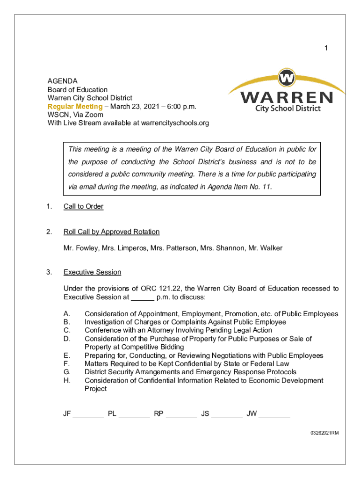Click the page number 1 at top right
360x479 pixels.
pyautogui.click(x=327, y=48)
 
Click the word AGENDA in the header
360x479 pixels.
pyautogui.click(x=62, y=81)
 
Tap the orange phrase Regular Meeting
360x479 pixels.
pyautogui.click(x=75, y=106)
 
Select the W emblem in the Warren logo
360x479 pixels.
pyautogui.click(x=286, y=77)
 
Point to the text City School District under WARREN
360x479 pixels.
pyautogui.click(x=288, y=109)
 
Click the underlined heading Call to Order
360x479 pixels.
pyautogui.click(x=83, y=206)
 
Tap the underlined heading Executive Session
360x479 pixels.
pyautogui.click(x=92, y=272)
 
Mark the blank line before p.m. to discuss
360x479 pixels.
pyautogui.click(x=143, y=298)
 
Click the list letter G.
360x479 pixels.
pyautogui.click(x=67, y=372)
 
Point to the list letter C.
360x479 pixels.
pyautogui.click(x=67, y=330)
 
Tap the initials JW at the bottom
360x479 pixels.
pyautogui.click(x=252, y=414)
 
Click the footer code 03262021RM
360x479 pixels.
pyautogui.click(x=324, y=433)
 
